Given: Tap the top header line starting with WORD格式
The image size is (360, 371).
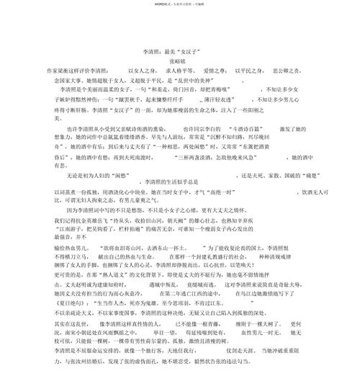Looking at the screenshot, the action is tap(180, 4).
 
